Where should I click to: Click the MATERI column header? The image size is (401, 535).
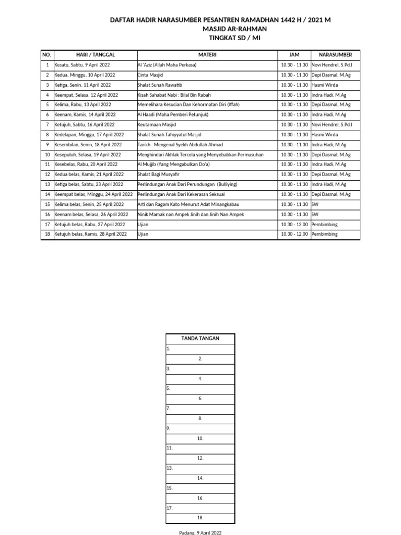tap(207, 55)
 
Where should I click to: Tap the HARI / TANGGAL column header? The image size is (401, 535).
tap(95, 55)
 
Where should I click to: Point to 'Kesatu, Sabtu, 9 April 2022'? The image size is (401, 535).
tap(82, 65)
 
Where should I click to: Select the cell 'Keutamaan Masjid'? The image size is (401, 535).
tap(157, 125)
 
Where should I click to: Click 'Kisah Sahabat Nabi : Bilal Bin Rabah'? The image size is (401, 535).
tap(174, 95)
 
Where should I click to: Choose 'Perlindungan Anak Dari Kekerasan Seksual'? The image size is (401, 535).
tap(181, 194)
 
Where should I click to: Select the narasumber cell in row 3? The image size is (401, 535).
tap(324, 85)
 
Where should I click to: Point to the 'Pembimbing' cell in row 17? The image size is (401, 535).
tap(324, 224)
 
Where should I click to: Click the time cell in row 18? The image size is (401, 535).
tap(294, 234)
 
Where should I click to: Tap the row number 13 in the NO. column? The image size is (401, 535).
tap(47, 184)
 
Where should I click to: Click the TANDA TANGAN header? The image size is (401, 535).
tap(200, 339)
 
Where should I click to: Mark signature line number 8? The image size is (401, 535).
tap(200, 418)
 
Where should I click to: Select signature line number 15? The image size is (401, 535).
tap(200, 489)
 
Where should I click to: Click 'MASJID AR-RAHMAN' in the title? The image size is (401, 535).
tap(220, 29)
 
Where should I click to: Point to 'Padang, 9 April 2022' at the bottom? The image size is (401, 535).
tap(200, 532)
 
